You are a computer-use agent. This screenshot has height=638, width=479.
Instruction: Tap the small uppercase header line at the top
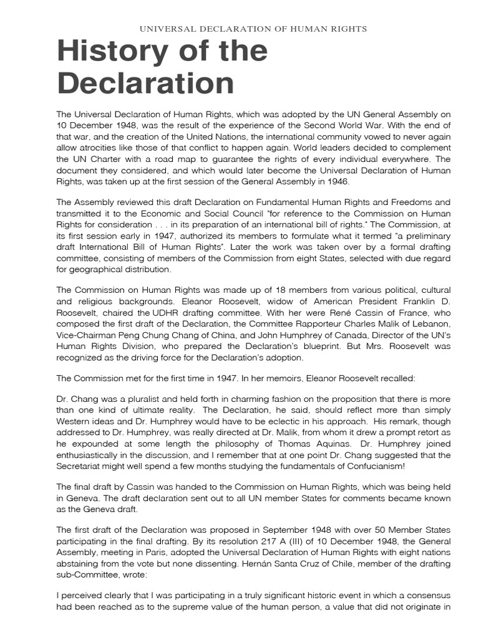[x=253, y=29]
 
